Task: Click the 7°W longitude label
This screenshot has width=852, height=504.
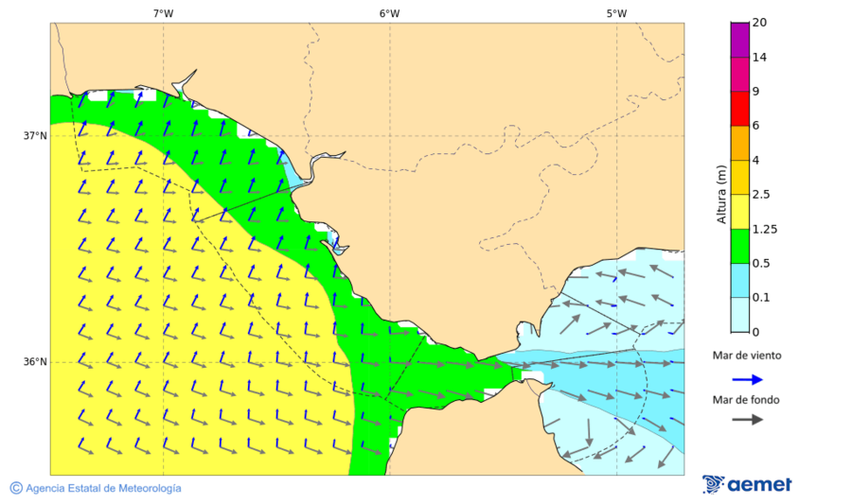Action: (x=163, y=13)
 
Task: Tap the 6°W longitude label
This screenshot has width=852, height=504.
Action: (x=389, y=13)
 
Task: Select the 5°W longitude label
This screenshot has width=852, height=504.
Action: (x=616, y=13)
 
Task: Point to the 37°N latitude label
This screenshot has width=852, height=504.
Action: (x=35, y=136)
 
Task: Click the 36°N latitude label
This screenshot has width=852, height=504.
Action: (x=35, y=362)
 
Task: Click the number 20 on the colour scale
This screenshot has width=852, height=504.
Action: (x=759, y=23)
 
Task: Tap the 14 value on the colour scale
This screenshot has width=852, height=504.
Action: (x=759, y=58)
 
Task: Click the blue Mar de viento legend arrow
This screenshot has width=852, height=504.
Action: (x=748, y=379)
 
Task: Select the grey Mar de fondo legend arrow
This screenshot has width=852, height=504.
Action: (x=748, y=419)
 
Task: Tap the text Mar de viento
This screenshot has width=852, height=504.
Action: (x=747, y=356)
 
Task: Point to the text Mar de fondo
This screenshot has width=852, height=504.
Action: (x=747, y=399)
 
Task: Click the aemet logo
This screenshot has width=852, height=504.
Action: (x=747, y=484)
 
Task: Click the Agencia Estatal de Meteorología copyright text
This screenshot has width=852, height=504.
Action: (x=96, y=488)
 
